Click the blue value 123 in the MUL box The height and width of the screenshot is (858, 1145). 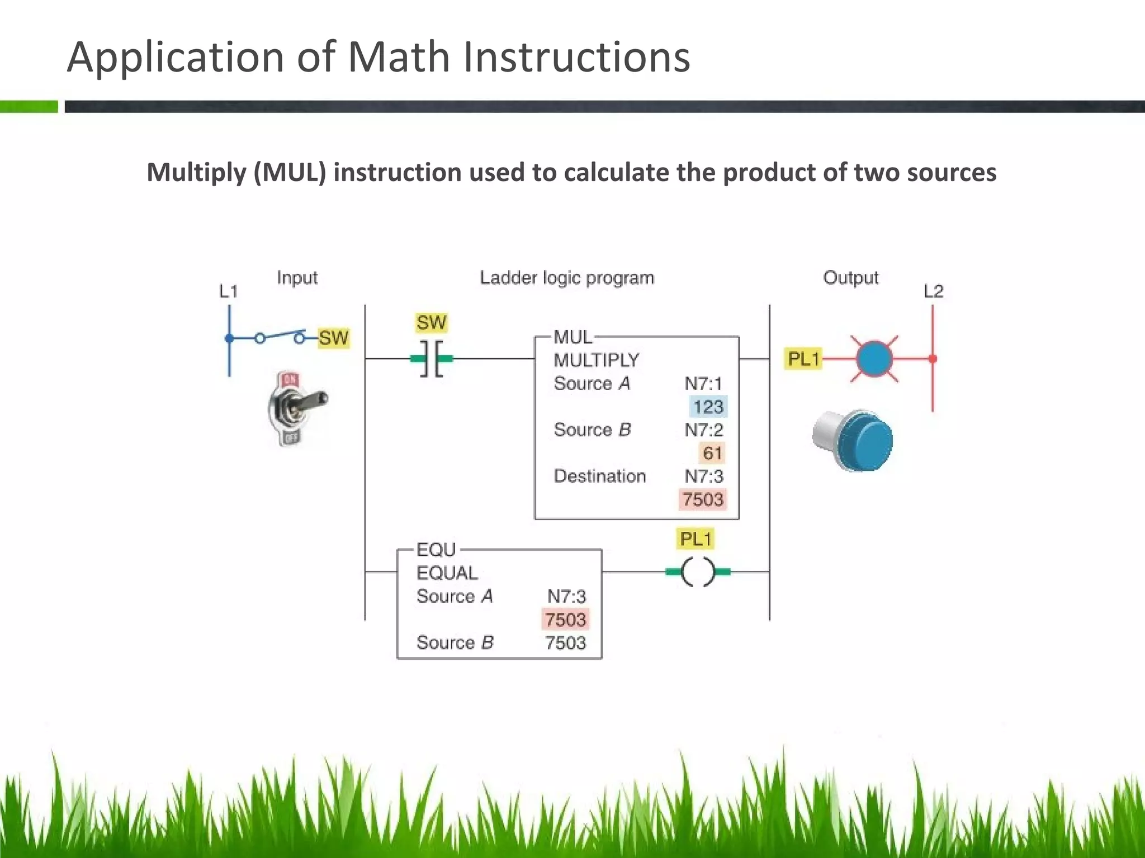pyautogui.click(x=708, y=407)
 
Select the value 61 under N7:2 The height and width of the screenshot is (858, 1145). pyautogui.click(x=712, y=453)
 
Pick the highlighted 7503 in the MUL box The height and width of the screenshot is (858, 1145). pyautogui.click(x=703, y=499)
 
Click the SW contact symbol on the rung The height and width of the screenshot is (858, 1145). pyautogui.click(x=432, y=359)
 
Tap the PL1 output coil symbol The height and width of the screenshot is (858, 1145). pyautogui.click(x=698, y=571)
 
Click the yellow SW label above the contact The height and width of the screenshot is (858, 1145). pyautogui.click(x=431, y=322)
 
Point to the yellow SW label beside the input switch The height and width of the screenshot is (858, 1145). pyautogui.click(x=333, y=338)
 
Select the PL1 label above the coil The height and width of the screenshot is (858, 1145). pyautogui.click(x=695, y=539)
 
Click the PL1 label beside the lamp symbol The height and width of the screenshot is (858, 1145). pyautogui.click(x=803, y=359)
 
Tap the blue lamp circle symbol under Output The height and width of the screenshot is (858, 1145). pyautogui.click(x=874, y=359)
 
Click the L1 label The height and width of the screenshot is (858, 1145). pyautogui.click(x=228, y=291)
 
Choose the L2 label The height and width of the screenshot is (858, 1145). pyautogui.click(x=933, y=291)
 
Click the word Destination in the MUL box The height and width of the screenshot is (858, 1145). pyautogui.click(x=599, y=476)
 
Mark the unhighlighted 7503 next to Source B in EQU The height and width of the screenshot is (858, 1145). pyautogui.click(x=565, y=643)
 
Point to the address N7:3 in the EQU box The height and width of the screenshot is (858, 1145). pyautogui.click(x=566, y=597)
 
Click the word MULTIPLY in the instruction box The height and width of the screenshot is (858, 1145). pyautogui.click(x=596, y=360)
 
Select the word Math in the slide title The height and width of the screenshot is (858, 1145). pyautogui.click(x=398, y=57)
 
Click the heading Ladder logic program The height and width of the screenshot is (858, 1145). pyautogui.click(x=566, y=278)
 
